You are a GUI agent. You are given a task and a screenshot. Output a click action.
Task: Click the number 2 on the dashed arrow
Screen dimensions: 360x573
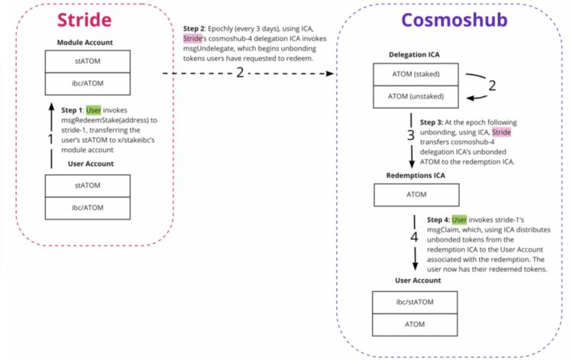[239, 74]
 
